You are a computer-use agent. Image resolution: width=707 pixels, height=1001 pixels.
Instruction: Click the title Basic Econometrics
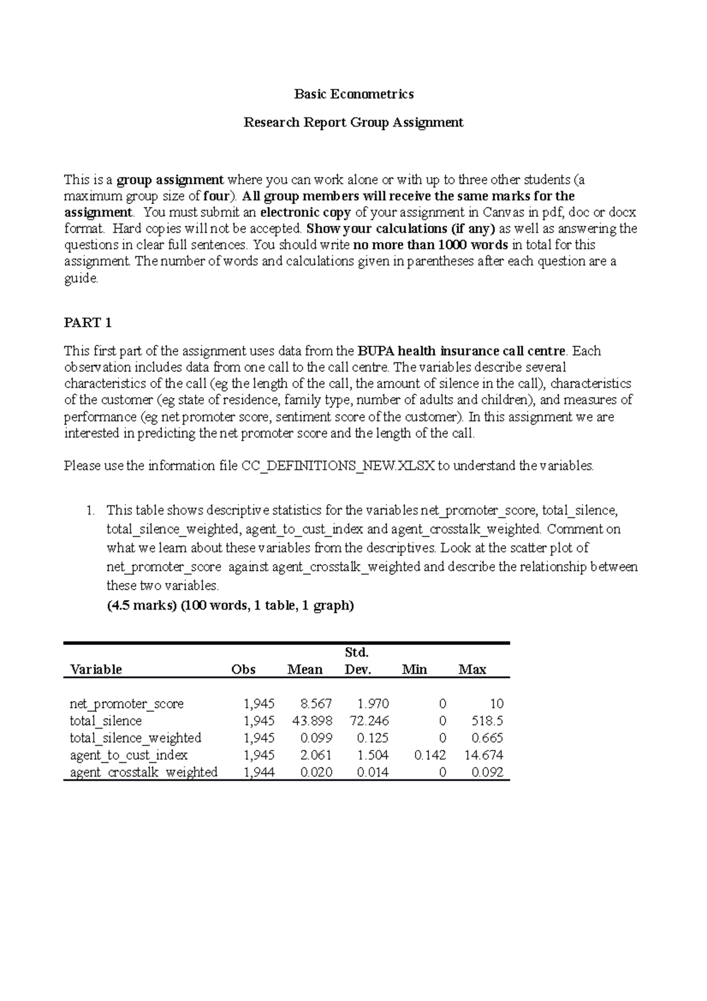click(x=353, y=94)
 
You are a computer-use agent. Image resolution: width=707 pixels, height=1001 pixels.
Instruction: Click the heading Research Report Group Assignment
click(x=353, y=122)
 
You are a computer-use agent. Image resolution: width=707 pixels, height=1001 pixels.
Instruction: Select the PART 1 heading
click(x=88, y=322)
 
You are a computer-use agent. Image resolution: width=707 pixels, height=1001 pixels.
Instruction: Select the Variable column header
click(x=96, y=669)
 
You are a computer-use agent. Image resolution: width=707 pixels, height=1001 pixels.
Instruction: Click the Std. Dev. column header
click(x=356, y=661)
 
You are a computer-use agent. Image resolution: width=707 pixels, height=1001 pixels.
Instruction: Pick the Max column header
click(x=473, y=669)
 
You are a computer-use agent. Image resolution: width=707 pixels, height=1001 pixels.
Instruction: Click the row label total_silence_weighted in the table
click(x=136, y=737)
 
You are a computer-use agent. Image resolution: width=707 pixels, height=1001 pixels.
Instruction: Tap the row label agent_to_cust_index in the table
click(x=128, y=755)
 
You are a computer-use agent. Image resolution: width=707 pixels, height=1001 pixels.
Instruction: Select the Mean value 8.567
click(x=316, y=703)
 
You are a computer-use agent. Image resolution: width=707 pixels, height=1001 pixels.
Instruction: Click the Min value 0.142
click(x=430, y=755)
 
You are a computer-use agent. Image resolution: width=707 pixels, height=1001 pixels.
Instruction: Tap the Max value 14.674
click(x=484, y=755)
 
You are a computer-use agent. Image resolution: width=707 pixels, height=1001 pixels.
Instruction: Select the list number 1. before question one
click(x=90, y=510)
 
